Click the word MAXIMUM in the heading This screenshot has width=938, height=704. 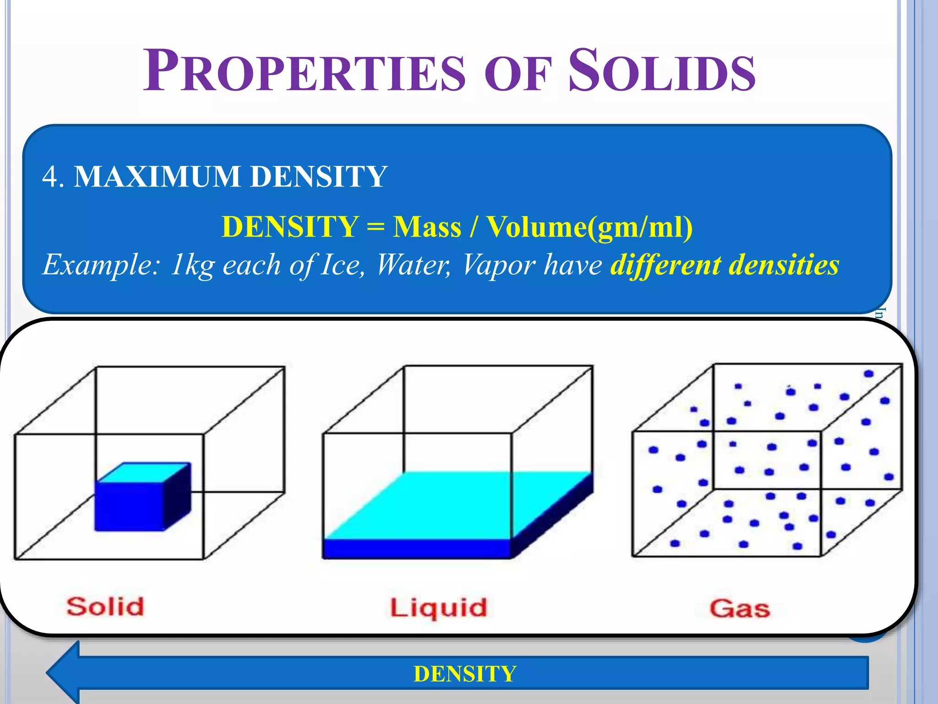[157, 176]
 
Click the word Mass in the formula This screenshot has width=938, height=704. [427, 227]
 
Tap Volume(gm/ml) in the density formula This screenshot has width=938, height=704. [589, 227]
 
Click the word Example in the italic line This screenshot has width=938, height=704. [100, 265]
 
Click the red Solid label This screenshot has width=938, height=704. [105, 606]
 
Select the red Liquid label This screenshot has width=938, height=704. [438, 608]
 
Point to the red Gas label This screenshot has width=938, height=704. [739, 609]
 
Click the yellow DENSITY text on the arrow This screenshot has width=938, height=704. [464, 674]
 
